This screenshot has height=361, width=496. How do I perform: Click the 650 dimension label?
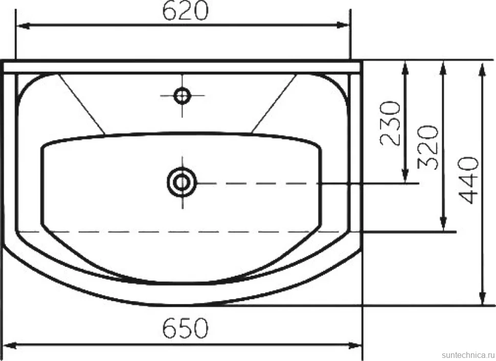[x=186, y=328]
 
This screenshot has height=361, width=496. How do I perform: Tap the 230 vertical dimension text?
[x=390, y=123]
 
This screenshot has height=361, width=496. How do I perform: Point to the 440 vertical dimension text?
[x=468, y=180]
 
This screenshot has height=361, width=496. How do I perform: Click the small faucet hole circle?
[x=182, y=96]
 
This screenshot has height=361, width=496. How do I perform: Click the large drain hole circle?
[x=182, y=183]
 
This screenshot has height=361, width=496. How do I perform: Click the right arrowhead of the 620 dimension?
[x=343, y=26]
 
